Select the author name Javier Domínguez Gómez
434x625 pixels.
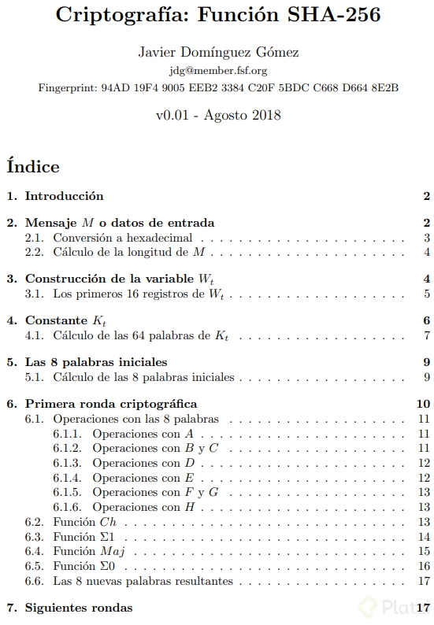pyautogui.click(x=217, y=53)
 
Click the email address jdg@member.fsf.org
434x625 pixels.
pyautogui.click(x=217, y=70)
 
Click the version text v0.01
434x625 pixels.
pyautogui.click(x=176, y=114)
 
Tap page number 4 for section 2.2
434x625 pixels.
pyautogui.click(x=426, y=252)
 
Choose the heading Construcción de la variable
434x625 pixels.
pyautogui.click(x=110, y=279)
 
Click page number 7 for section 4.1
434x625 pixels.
pyautogui.click(x=426, y=336)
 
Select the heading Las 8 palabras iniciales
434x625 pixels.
pyautogui.click(x=96, y=362)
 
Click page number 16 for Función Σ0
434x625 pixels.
pyautogui.click(x=424, y=567)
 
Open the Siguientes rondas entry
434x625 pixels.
pyautogui.click(x=79, y=608)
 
